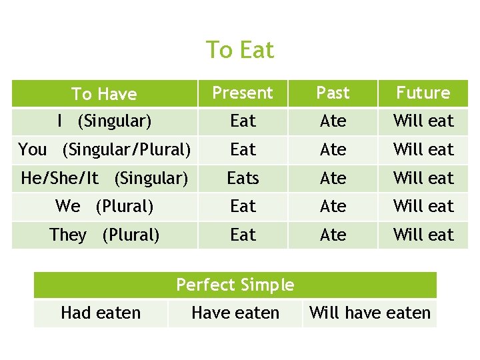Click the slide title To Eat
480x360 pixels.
tap(240, 50)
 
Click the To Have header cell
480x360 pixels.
tap(104, 94)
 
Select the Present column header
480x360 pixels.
tap(243, 93)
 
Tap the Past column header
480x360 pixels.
tap(333, 93)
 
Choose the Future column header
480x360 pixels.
tap(423, 93)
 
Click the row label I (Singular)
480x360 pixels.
tap(105, 121)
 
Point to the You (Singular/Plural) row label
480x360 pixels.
tap(105, 149)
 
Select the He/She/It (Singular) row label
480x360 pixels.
tap(105, 178)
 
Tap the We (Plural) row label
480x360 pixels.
tap(105, 206)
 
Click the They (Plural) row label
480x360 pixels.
tap(105, 235)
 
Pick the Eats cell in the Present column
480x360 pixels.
tap(243, 178)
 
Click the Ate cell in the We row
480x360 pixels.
tap(333, 206)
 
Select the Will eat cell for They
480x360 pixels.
tap(423, 235)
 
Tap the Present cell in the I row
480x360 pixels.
tap(243, 121)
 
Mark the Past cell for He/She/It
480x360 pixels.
tap(333, 178)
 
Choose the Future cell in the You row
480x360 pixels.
tap(423, 149)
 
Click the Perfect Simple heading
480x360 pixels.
tap(235, 285)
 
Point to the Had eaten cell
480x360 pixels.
tap(101, 313)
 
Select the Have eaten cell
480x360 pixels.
tap(235, 313)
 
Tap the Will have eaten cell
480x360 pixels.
tap(370, 313)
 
